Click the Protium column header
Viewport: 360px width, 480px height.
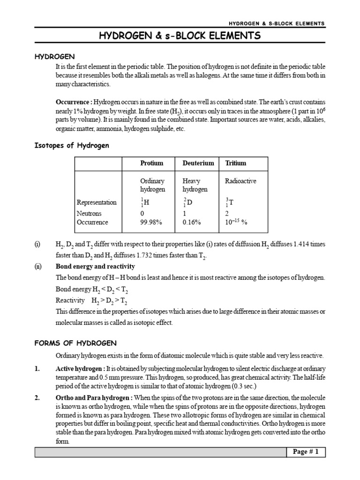point(152,163)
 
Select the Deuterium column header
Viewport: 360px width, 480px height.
point(198,163)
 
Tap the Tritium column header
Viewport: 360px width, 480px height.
point(235,163)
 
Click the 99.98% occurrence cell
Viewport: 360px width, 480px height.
point(151,222)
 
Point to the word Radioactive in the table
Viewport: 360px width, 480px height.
point(240,181)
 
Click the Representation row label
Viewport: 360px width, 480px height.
point(96,202)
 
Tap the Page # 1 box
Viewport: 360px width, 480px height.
point(305,452)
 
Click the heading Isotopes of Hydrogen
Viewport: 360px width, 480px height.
point(72,145)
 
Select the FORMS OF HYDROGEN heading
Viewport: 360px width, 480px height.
point(75,343)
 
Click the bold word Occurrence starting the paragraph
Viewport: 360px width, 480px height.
point(74,102)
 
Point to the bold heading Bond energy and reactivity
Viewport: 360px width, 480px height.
point(95,266)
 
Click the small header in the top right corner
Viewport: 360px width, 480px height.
point(277,23)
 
